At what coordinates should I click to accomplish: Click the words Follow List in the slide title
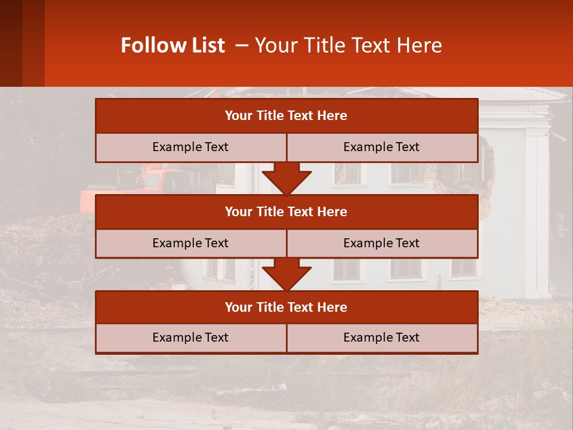click(x=172, y=45)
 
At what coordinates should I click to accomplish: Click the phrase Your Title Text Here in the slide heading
click(x=348, y=45)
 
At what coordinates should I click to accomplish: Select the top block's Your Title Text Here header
click(x=286, y=116)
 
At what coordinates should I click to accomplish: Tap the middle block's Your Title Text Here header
click(x=286, y=211)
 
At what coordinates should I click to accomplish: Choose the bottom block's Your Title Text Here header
click(x=286, y=307)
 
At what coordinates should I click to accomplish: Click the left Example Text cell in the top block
click(x=190, y=147)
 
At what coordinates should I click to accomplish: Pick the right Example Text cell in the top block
click(x=381, y=147)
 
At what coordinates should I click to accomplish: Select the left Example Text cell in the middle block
click(x=190, y=243)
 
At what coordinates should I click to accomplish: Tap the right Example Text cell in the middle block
click(x=381, y=243)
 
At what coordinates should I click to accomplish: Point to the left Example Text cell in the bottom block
click(x=190, y=337)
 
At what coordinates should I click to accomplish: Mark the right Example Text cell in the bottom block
click(x=381, y=337)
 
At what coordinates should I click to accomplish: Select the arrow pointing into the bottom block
click(x=286, y=275)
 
